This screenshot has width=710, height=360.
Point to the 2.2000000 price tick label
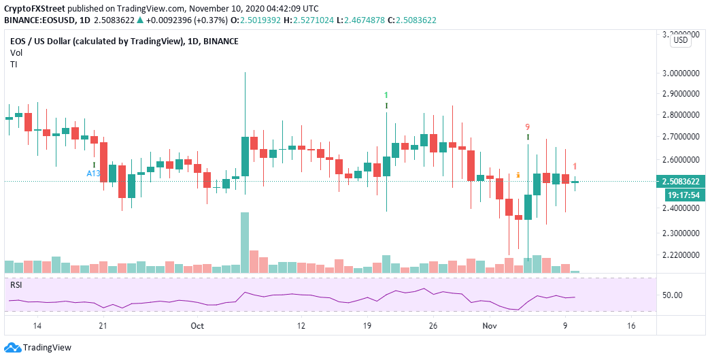682,255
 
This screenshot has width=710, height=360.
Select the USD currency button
680,40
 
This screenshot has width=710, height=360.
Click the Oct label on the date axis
197,326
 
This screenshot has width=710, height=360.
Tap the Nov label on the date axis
490,326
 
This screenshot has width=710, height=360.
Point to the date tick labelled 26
433,326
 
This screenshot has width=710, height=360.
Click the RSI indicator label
16,284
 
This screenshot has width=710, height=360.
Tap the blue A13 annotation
93,174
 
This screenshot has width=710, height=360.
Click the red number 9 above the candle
527,127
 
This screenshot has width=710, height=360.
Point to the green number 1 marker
386,95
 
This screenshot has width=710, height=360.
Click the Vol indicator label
16,52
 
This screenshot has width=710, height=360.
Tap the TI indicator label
14,64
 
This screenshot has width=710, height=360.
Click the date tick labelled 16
630,326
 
